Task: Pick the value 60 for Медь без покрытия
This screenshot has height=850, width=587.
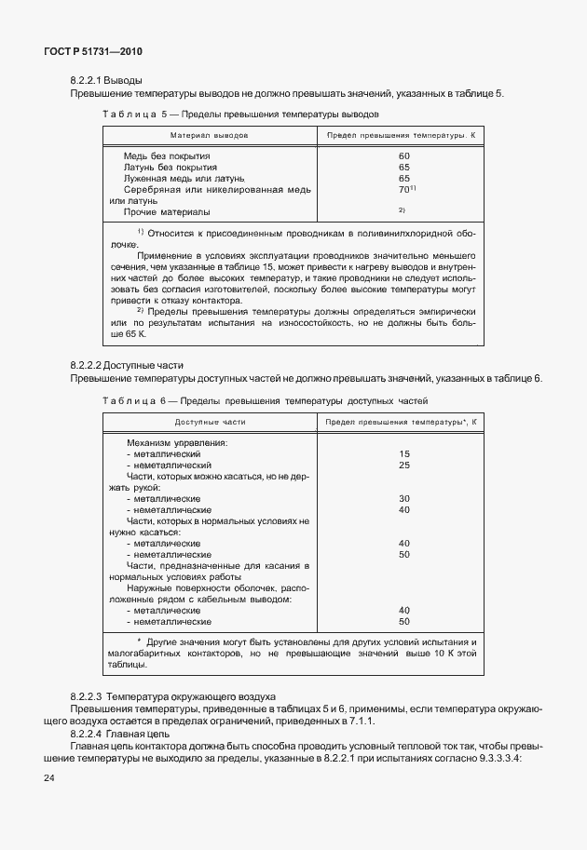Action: (x=403, y=155)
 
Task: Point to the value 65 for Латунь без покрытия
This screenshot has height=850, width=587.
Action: (x=403, y=167)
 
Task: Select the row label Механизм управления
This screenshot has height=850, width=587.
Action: (x=176, y=442)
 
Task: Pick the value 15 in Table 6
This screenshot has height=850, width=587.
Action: (x=403, y=453)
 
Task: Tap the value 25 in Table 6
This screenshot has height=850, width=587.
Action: (x=403, y=465)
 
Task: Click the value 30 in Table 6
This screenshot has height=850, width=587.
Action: (x=403, y=498)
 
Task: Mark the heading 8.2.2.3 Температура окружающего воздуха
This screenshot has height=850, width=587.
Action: (x=172, y=696)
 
